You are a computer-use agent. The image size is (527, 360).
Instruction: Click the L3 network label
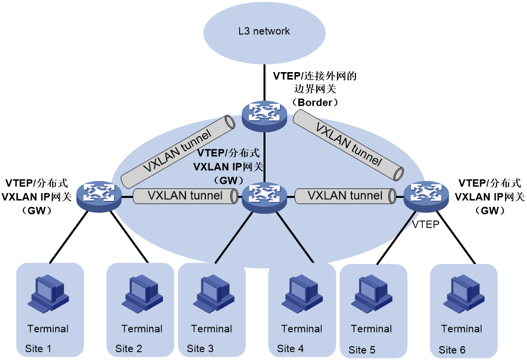[x=264, y=31]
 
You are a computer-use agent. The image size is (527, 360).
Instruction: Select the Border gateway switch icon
[x=265, y=116]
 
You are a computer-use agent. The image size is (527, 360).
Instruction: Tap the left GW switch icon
[x=99, y=196]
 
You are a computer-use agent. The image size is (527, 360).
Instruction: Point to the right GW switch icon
[x=426, y=196]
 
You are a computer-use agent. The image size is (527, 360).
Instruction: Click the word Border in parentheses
[x=315, y=102]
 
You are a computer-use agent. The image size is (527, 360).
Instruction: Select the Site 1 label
[x=38, y=349]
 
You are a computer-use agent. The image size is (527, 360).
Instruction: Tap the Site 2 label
[x=128, y=349]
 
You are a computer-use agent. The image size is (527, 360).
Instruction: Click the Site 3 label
[x=200, y=349]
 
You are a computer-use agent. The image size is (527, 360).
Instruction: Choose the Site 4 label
[x=290, y=349]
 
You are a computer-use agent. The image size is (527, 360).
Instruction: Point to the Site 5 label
[x=362, y=350]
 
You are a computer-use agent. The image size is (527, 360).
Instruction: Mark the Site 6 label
[x=452, y=350]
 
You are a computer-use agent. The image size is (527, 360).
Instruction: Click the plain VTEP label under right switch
[x=426, y=224]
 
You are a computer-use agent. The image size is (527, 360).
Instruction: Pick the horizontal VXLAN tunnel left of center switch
[x=185, y=196]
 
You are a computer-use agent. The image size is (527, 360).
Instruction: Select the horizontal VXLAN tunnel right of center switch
[x=346, y=196]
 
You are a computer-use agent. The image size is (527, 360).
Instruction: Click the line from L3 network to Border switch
[x=264, y=83]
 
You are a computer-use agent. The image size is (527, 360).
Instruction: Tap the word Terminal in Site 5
[x=371, y=329]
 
